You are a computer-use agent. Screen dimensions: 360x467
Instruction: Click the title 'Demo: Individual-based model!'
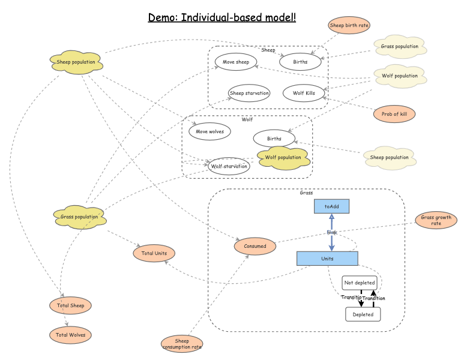[222, 17]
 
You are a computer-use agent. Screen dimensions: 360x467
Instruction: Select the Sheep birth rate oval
[349, 25]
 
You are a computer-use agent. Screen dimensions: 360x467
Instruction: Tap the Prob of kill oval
[394, 114]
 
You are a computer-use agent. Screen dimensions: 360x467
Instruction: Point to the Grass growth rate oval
[436, 220]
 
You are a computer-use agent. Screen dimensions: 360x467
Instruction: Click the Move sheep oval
[236, 62]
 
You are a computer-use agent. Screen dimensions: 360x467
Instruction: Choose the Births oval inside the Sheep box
[301, 62]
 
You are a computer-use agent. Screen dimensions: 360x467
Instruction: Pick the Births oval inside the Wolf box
[274, 139]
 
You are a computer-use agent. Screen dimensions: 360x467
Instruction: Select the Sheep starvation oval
[249, 93]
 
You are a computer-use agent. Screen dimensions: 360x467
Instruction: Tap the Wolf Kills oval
[303, 93]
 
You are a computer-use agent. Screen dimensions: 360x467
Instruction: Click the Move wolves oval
[209, 131]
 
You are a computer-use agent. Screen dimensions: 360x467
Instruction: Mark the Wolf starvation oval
[228, 166]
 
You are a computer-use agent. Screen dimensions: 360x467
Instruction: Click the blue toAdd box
[331, 206]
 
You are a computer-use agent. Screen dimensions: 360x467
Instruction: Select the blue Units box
[327, 259]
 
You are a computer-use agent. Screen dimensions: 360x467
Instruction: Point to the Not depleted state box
[360, 283]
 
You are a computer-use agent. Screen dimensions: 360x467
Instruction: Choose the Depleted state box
[363, 314]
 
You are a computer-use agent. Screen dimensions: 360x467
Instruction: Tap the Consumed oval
[255, 245]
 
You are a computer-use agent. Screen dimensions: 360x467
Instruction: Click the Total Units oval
[154, 253]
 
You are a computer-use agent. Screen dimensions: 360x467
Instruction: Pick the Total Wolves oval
[71, 335]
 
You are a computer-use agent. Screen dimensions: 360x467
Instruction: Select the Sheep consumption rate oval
[182, 343]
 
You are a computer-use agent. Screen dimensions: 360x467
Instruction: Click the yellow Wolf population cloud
[283, 157]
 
